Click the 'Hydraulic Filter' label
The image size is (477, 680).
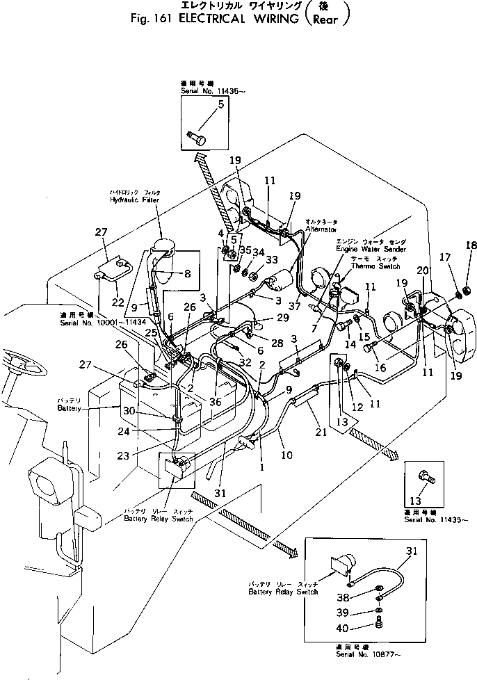point(134,200)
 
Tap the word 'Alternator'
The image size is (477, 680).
point(321,229)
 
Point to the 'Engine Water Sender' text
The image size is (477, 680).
point(371,248)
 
